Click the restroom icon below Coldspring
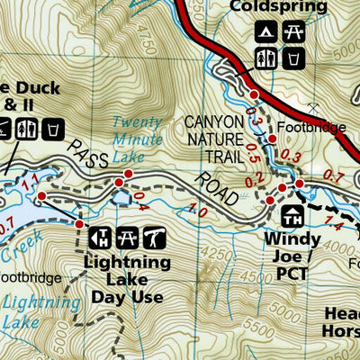click(265, 59)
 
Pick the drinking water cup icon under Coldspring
click(292, 59)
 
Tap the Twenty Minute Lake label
click(139, 139)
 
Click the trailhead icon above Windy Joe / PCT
click(291, 216)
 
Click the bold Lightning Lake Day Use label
click(126, 279)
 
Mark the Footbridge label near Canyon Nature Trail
click(310, 128)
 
